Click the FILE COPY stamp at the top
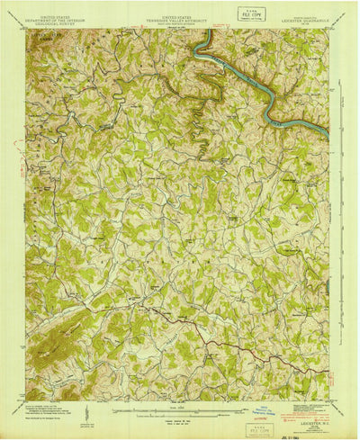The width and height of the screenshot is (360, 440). coord(240,15)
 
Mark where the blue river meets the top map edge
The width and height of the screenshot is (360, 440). coord(209,31)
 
